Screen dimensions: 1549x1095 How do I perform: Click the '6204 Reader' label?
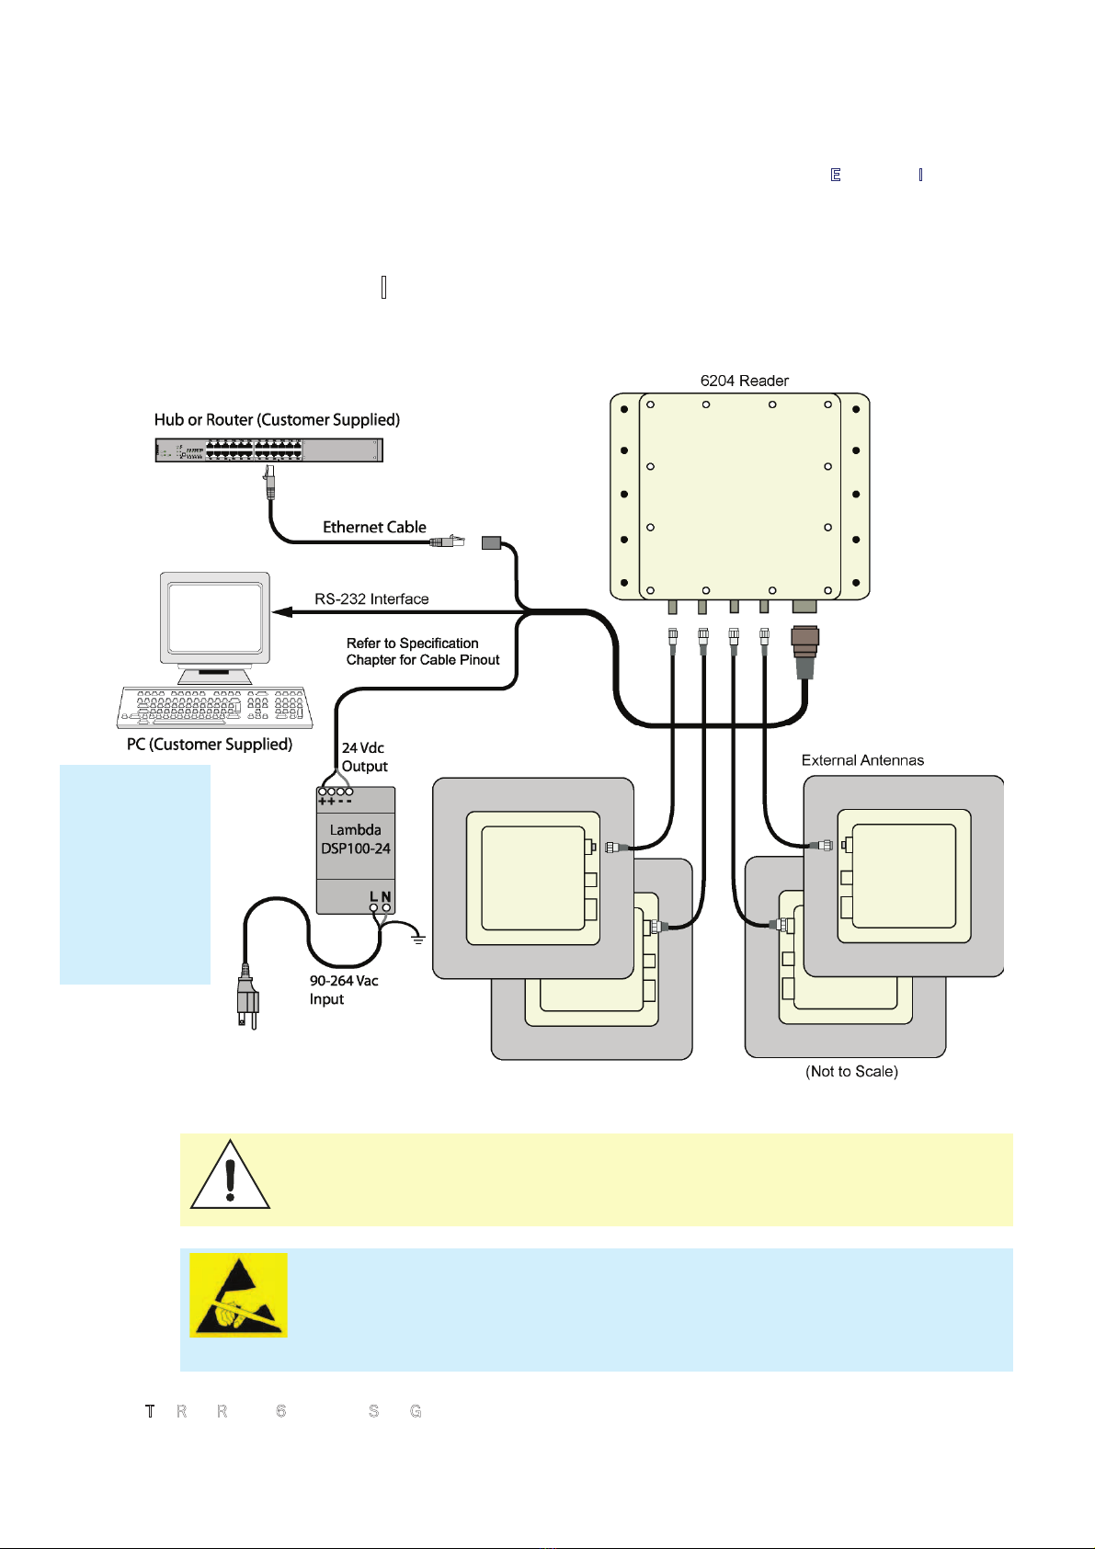(744, 381)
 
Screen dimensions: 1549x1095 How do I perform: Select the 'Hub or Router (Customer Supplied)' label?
(277, 420)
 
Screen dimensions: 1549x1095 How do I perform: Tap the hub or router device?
(268, 450)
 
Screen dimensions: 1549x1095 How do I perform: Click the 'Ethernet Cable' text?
(374, 527)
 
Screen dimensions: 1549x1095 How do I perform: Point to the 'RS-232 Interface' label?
(371, 599)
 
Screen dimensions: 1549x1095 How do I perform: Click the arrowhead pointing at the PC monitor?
(281, 611)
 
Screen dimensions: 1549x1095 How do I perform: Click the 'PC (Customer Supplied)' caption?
(210, 745)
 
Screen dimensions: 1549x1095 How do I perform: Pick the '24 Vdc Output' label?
(364, 757)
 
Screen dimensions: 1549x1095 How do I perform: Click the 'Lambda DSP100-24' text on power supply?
(356, 839)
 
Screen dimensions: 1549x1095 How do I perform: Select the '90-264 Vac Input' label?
(344, 990)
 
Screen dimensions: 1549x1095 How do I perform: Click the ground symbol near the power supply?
(418, 939)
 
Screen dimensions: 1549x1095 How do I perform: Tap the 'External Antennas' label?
(862, 760)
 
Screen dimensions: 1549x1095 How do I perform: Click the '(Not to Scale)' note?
(851, 1072)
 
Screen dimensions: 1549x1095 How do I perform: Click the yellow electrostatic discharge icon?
(238, 1295)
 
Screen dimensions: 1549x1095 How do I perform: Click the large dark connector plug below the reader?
(804, 650)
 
